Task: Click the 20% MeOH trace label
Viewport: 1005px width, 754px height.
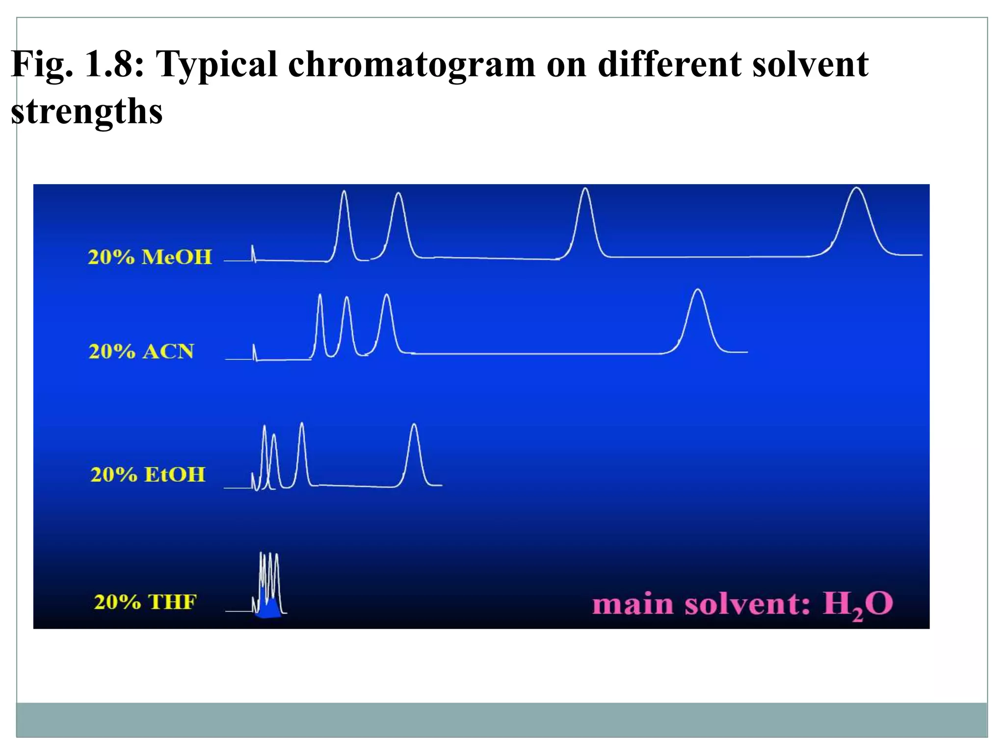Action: point(150,257)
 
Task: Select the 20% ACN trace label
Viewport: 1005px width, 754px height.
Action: point(141,351)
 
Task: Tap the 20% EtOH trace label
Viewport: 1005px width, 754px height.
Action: point(148,475)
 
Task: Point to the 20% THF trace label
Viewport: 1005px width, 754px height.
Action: point(145,602)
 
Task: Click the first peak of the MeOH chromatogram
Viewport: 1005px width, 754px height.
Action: point(344,221)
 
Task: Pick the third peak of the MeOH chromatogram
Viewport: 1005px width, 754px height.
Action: point(585,218)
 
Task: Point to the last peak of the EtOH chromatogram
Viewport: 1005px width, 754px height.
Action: point(415,452)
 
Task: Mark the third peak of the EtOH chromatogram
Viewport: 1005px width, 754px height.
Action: point(302,452)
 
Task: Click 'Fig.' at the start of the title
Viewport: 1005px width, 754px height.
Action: point(42,65)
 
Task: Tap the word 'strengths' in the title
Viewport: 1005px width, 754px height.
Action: point(86,112)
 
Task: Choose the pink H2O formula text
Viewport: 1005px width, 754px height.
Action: point(858,604)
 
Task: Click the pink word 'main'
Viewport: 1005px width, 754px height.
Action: point(634,604)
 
